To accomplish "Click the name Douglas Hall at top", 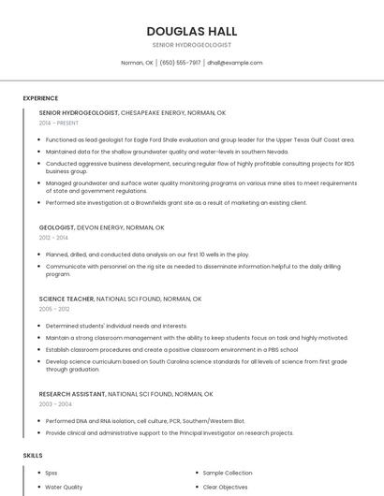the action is point(191,31).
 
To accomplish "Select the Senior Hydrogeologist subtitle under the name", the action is point(191,45).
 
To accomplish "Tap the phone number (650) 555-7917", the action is point(180,63).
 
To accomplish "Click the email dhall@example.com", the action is point(235,63).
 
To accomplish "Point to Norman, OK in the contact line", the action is point(137,63).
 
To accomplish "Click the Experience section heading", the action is point(40,98).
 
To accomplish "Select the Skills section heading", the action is point(33,455).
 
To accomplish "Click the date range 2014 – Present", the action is point(59,123).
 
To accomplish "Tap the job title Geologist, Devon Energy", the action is point(101,227).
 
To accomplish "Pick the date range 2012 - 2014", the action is point(53,238).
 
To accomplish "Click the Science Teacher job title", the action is point(66,299).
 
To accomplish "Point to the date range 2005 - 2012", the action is point(54,309).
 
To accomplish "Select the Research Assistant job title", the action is point(73,394).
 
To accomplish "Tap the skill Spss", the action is point(52,474).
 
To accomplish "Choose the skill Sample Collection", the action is point(228,474).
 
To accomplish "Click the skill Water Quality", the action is point(64,487).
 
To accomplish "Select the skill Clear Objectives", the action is point(226,487).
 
